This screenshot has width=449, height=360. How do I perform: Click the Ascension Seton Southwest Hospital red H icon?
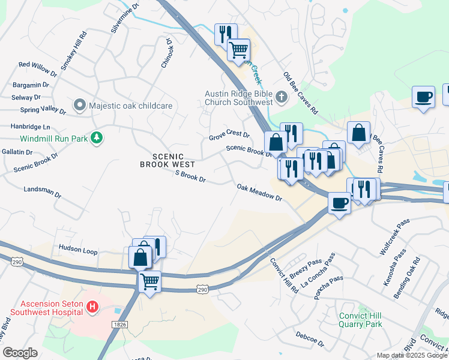pos(92,307)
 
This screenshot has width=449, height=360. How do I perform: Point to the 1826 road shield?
pos(119,324)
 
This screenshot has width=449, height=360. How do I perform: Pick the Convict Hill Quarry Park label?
pos(360,320)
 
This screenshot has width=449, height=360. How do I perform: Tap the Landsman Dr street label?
pos(42,191)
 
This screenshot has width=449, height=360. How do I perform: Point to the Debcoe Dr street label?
pos(310,339)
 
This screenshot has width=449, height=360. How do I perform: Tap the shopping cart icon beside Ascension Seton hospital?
pos(149,280)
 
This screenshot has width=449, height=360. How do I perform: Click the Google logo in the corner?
pos(20,353)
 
